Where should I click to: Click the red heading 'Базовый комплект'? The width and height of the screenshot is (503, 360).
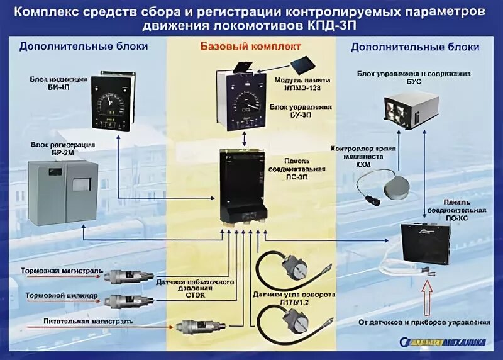pos(251,47)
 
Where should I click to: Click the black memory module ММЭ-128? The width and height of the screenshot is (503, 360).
pos(305,64)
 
